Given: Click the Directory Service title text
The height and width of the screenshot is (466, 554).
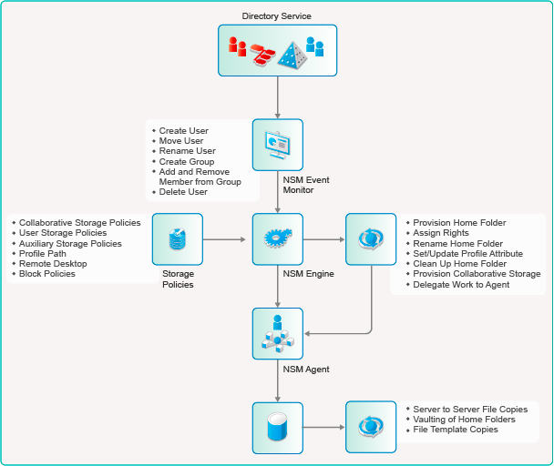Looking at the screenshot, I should (276, 16).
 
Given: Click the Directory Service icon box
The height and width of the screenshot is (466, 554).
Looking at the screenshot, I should (277, 50).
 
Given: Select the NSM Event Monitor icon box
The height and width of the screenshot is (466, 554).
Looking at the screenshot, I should (277, 145).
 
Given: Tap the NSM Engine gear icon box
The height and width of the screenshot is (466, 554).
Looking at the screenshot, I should (277, 239).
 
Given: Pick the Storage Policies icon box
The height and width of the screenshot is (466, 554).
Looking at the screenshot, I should (177, 239).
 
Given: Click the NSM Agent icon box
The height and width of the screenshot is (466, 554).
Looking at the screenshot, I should (277, 333).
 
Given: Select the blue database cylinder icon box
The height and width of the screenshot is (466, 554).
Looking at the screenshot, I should (277, 427).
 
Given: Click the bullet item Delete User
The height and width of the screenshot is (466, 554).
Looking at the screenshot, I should (183, 192).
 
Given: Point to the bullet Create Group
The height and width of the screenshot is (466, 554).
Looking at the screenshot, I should (188, 161).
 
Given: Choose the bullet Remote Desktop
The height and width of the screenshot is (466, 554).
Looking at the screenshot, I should (54, 264).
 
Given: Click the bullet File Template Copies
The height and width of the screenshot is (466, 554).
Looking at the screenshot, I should (456, 430).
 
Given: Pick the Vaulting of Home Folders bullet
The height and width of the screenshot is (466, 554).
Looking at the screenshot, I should (464, 420).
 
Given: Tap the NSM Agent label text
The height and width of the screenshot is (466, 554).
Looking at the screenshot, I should (306, 369).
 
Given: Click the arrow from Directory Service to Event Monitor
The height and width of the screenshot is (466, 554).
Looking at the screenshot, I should (277, 96).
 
